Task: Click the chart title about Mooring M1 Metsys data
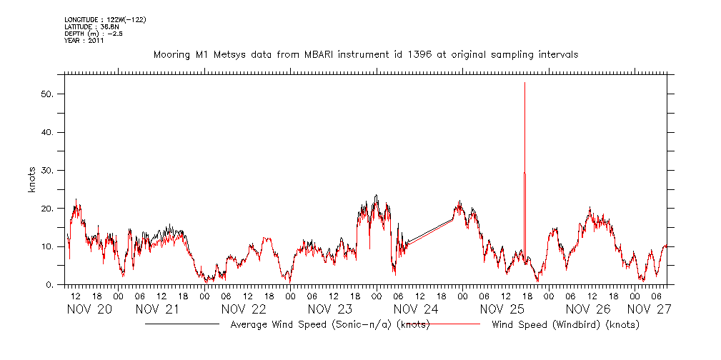coord(365,54)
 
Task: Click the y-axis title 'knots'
coord(32,179)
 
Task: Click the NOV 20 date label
coord(89,309)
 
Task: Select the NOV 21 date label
coord(158,309)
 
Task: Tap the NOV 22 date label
coord(244,309)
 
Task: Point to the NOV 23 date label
coord(330,309)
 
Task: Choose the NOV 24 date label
coord(416,309)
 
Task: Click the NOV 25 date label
coord(502,309)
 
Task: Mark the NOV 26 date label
coord(588,309)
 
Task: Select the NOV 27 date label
coord(649,309)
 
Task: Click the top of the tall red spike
coord(525,84)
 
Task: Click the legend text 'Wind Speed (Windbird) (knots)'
coord(565,325)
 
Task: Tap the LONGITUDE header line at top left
coord(105,19)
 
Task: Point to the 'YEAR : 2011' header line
coord(84,41)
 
